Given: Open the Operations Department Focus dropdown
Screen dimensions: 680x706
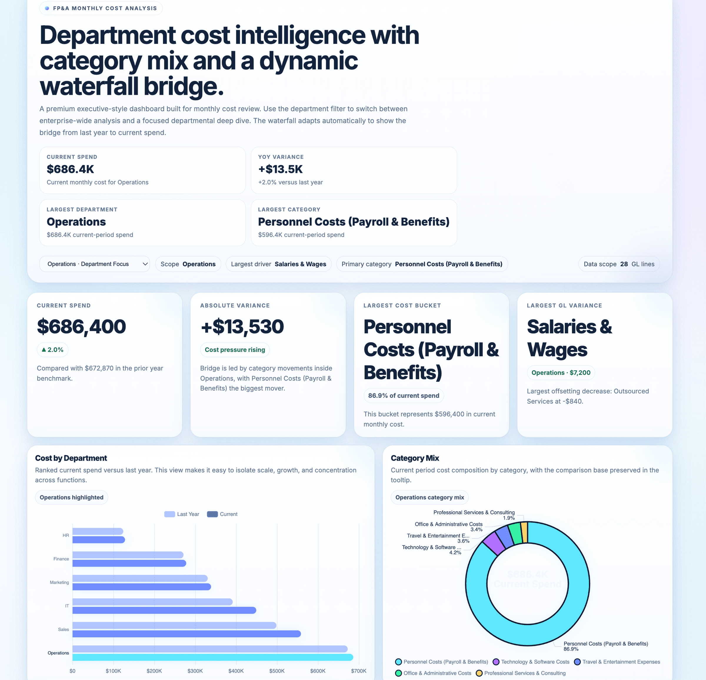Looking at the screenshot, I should (x=94, y=264).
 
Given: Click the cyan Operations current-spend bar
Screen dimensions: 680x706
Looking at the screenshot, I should (x=212, y=657).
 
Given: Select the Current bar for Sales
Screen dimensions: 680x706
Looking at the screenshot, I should (x=186, y=634).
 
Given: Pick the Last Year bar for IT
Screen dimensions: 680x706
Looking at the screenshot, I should (x=152, y=602).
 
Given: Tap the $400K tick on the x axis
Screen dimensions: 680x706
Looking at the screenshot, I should (x=236, y=671).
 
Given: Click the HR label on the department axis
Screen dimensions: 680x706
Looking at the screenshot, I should (x=66, y=535).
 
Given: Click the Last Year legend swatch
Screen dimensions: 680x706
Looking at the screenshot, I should (x=170, y=514).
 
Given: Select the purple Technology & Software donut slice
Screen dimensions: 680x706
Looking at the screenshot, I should (x=494, y=543).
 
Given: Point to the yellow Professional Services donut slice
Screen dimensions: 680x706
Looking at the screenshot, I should (x=524, y=532).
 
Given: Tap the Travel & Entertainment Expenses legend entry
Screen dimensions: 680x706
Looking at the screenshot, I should (x=617, y=662).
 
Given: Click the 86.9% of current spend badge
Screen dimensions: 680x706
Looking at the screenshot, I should (x=403, y=396).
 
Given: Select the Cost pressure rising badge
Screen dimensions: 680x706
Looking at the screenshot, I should (x=235, y=350).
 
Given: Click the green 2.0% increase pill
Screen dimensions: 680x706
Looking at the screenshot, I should (x=53, y=350).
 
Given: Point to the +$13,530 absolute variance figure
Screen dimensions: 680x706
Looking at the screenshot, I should (x=242, y=327).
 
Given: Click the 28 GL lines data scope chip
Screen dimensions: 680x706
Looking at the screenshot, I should (x=619, y=264).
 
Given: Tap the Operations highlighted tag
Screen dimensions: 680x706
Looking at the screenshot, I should (x=71, y=497).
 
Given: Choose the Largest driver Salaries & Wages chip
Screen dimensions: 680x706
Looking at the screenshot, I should (x=279, y=264).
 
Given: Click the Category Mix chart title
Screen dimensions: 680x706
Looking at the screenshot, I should (x=414, y=458).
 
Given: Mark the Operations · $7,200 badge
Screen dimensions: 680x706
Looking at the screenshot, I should (x=561, y=373).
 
